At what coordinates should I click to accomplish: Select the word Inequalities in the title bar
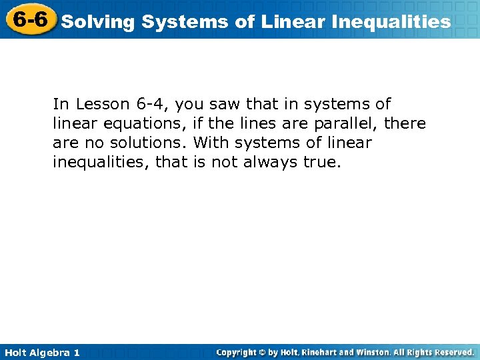coord(393,22)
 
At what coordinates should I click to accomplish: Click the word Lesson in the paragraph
coord(99,104)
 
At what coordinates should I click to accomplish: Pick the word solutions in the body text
coord(147,143)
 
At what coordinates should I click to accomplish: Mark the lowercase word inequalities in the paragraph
coord(101,162)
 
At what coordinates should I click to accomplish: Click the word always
coord(279,162)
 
